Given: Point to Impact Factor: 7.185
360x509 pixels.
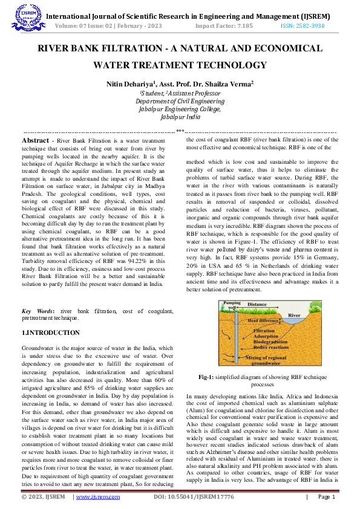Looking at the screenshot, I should [x=221, y=27].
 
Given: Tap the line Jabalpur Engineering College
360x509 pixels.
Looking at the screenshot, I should [x=180, y=109].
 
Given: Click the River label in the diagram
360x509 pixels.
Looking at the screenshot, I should [x=293, y=316].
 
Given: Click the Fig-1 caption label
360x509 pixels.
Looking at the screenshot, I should [x=209, y=377].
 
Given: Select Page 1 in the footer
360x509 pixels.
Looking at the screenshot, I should [x=326, y=497].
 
